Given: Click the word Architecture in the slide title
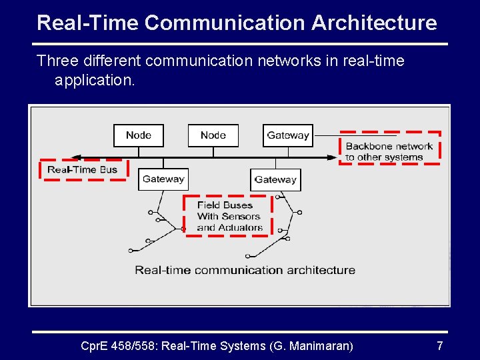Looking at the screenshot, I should (374, 23).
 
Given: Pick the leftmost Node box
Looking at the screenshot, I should (138, 135).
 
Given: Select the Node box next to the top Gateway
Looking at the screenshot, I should (213, 135).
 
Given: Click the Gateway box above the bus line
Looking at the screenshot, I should (287, 135).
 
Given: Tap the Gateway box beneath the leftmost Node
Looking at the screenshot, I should (163, 179).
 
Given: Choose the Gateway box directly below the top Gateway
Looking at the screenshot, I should (275, 179).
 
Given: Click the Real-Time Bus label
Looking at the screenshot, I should (82, 170).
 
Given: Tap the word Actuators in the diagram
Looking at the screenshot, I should (240, 227).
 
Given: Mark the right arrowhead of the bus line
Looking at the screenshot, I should (333, 158).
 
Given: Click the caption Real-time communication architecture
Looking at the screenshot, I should (245, 270).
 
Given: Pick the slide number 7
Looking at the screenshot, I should (439, 345).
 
